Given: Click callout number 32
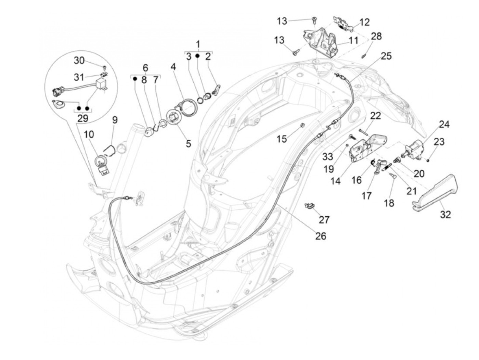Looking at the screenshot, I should [x=445, y=214].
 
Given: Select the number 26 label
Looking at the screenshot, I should [x=321, y=236].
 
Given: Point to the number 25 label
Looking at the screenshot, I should [x=386, y=55].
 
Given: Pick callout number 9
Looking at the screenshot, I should [x=115, y=120].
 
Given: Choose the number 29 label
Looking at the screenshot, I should [x=83, y=118].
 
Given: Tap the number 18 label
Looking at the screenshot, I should [x=389, y=203].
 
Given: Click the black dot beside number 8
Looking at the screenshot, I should [x=135, y=79].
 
